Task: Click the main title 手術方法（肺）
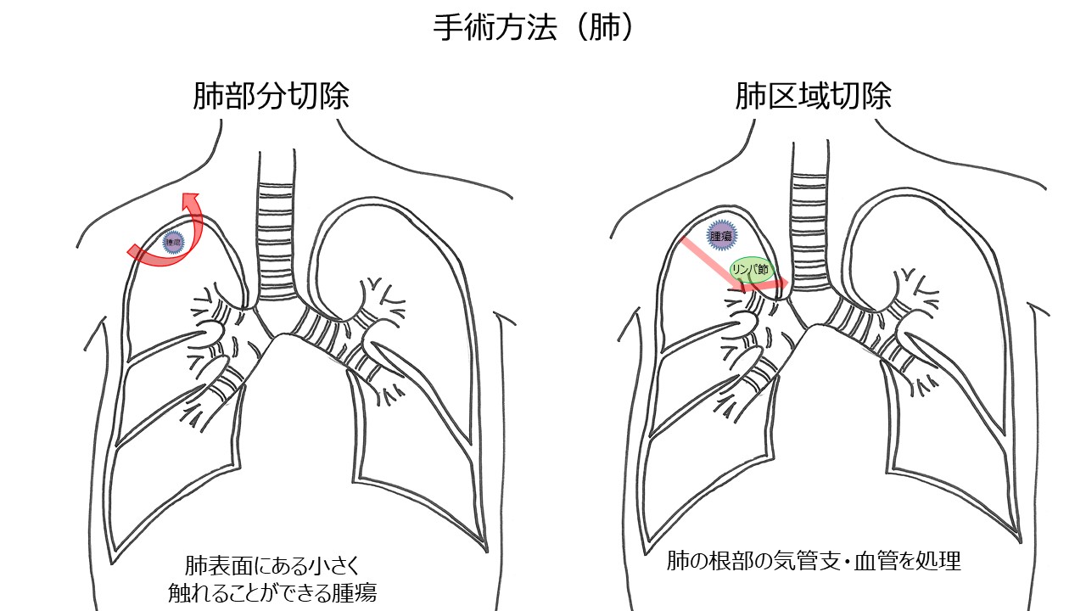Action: point(534,29)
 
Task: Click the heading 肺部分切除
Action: point(271,97)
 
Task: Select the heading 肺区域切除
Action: point(813,97)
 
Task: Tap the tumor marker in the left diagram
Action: point(174,242)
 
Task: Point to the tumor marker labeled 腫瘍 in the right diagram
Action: point(720,237)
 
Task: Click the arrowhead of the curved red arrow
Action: point(190,199)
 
